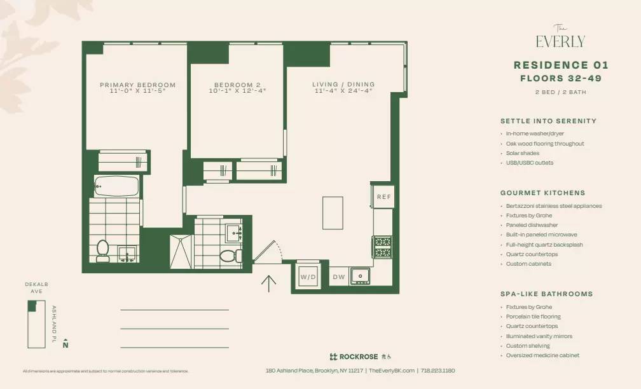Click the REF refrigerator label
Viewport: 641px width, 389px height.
(383, 196)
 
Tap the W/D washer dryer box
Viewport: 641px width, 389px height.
(308, 276)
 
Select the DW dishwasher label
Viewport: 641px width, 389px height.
(338, 276)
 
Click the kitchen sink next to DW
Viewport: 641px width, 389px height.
(361, 276)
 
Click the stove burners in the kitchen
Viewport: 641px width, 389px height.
(382, 247)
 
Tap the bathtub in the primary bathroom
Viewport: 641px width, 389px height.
(116, 186)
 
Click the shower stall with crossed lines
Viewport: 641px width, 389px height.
(181, 252)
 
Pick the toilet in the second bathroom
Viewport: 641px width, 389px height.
(228, 256)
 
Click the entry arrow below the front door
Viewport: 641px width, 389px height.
(268, 283)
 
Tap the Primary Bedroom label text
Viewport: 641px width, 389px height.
(137, 85)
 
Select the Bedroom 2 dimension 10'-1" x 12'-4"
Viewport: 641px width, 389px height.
(237, 91)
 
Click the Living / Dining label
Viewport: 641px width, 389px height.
(343, 84)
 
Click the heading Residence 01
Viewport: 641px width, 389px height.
(561, 65)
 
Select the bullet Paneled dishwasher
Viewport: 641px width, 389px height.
(532, 225)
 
